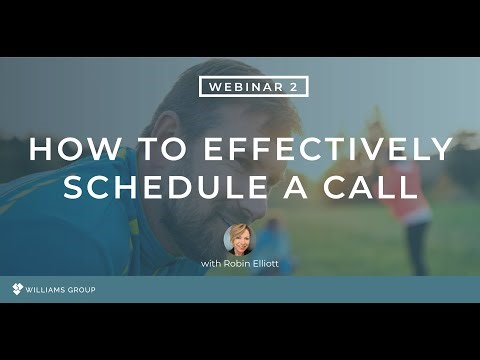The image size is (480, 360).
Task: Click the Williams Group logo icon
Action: point(17,290)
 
